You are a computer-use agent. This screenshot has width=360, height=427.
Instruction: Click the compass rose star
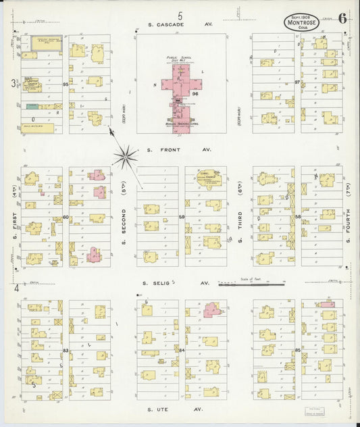125,157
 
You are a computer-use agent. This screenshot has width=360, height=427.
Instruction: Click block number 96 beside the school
195,94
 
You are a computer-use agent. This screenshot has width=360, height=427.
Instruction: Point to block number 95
66,84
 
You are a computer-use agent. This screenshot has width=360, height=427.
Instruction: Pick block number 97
297,82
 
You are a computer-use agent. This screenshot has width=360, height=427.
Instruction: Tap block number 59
182,217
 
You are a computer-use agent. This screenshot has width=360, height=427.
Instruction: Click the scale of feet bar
247,285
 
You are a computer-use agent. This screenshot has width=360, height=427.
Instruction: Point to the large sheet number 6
343,18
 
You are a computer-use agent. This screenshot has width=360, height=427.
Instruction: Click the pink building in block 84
215,310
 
